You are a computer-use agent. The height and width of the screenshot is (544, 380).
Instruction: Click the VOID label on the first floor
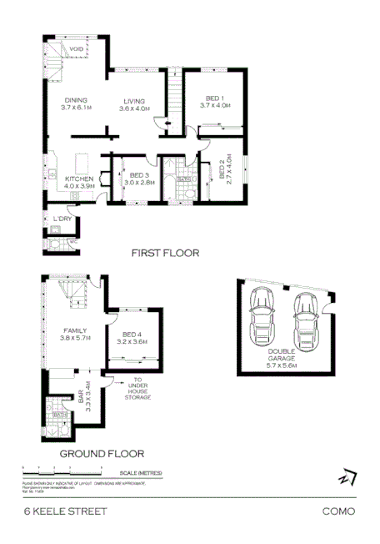(77, 48)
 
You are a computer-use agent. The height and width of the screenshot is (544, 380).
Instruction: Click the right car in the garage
(304, 322)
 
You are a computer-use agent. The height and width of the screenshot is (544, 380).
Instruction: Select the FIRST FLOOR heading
(166, 253)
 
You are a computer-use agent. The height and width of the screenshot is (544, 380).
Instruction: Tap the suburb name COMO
(338, 511)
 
